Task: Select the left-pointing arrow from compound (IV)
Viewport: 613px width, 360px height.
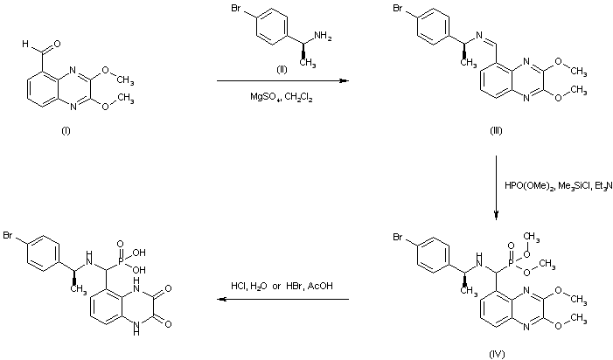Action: (282, 299)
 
